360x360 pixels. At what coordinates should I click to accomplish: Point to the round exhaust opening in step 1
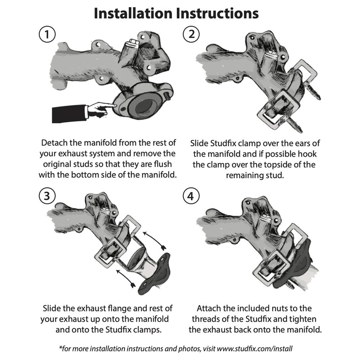click(143, 108)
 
